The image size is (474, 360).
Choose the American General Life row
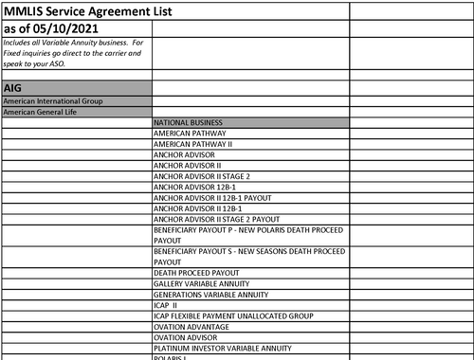[43, 112]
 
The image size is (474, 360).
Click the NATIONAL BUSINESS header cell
[188, 122]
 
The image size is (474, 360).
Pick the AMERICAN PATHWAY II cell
[192, 144]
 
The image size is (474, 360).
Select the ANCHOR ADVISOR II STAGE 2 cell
[202, 176]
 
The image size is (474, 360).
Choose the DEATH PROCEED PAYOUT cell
[196, 273]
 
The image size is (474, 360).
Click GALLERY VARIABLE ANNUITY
[201, 283]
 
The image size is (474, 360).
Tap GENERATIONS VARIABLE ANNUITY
[209, 294]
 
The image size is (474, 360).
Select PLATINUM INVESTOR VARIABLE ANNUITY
[222, 348]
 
